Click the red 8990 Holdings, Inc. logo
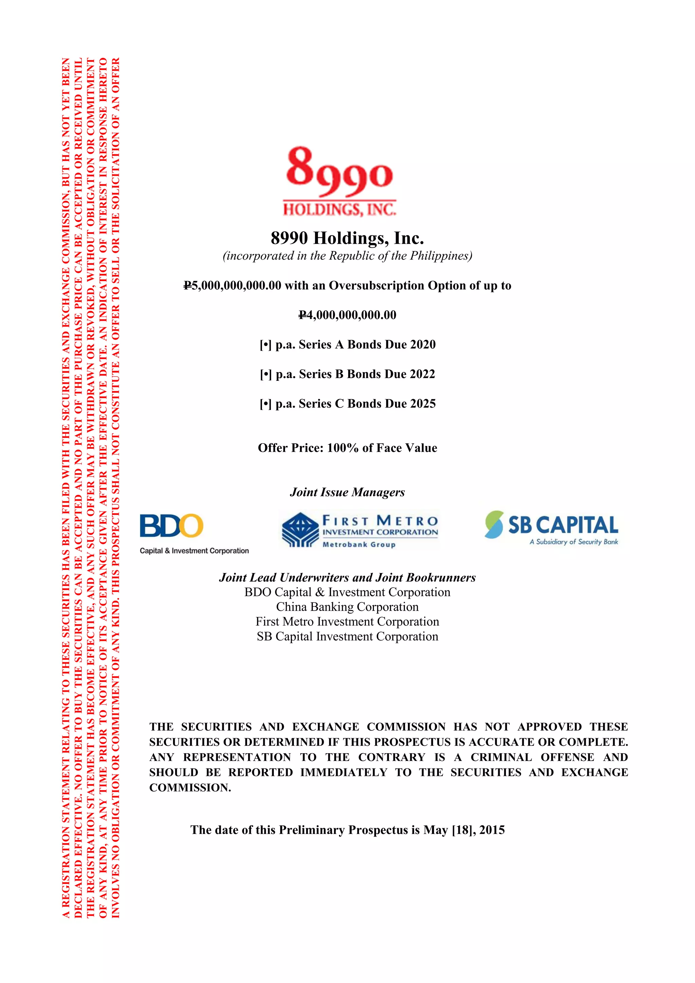pyautogui.click(x=339, y=181)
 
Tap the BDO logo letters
pyautogui.click(x=171, y=526)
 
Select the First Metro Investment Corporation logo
pyautogui.click(x=359, y=530)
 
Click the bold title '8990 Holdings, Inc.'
pyautogui.click(x=347, y=238)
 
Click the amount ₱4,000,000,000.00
pyautogui.click(x=347, y=315)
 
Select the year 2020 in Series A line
pyautogui.click(x=422, y=345)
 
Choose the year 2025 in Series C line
pyautogui.click(x=422, y=404)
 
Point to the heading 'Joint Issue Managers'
pyautogui.click(x=347, y=493)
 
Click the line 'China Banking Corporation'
pyautogui.click(x=347, y=607)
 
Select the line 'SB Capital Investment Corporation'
pyautogui.click(x=347, y=637)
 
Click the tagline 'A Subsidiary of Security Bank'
pyautogui.click(x=574, y=542)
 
